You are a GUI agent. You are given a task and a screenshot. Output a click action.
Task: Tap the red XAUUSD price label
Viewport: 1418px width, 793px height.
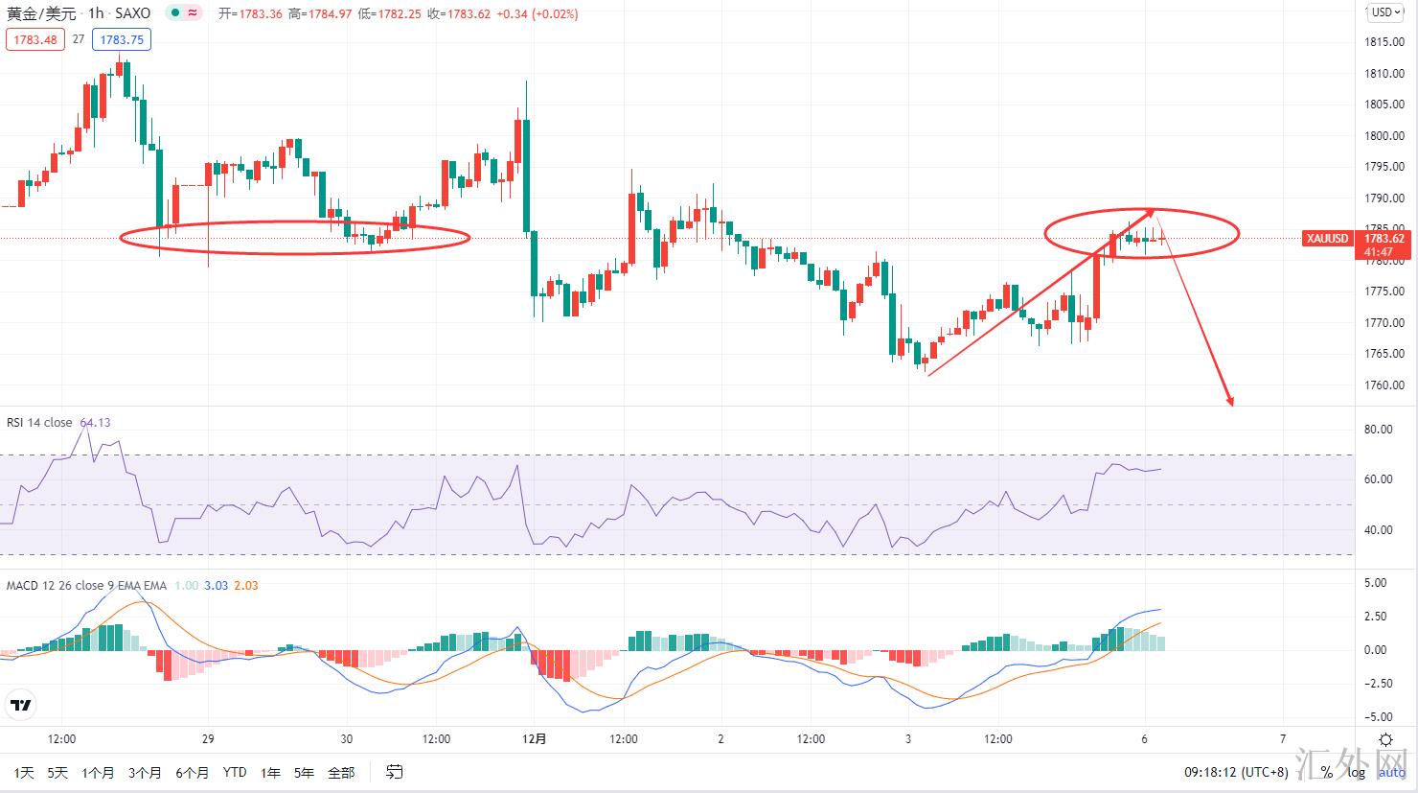coord(1328,239)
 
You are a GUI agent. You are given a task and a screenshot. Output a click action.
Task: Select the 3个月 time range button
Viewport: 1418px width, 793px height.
coord(145,772)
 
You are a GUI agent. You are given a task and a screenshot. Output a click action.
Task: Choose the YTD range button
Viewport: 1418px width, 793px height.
coord(234,772)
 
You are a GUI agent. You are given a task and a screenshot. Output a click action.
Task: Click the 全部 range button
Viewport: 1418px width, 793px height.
coord(341,772)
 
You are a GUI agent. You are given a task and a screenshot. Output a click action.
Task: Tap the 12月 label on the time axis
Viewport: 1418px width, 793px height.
coord(535,739)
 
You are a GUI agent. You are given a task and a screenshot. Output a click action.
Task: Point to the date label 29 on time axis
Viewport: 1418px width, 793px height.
coord(208,739)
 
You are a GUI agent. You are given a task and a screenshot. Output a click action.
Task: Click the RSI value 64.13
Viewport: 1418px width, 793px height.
coord(95,422)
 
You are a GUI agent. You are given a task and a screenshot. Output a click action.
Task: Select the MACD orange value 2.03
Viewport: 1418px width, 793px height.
coord(246,585)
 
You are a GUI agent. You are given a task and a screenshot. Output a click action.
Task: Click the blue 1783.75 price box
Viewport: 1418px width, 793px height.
coord(122,39)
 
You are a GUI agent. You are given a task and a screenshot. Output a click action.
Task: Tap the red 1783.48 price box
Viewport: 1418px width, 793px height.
coord(33,39)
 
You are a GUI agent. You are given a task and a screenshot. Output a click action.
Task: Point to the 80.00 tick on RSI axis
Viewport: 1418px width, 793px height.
coord(1378,430)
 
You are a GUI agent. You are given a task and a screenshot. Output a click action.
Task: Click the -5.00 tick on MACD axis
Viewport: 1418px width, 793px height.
coord(1375,716)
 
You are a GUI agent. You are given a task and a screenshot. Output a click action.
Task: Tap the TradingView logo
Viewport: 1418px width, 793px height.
coord(20,706)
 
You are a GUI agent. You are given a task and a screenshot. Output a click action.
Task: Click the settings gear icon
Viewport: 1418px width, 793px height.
coord(1385,739)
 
